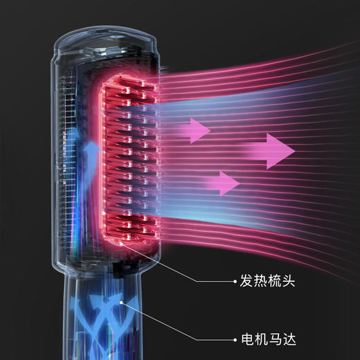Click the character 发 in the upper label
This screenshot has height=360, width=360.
[x=246, y=281]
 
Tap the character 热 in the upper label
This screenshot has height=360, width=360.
[x=260, y=281]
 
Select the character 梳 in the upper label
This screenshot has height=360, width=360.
[x=275, y=281]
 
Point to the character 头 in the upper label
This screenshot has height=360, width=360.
[x=289, y=281]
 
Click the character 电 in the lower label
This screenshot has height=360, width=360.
[x=248, y=339]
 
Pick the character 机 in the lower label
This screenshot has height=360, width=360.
[x=262, y=339]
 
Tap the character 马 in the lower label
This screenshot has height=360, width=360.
[x=276, y=339]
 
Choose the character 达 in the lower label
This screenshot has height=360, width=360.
[x=289, y=339]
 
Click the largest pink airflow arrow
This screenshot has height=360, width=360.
[x=269, y=151]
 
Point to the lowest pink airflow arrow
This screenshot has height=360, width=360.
[x=222, y=183]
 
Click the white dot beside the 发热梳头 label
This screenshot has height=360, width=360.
[x=235, y=281]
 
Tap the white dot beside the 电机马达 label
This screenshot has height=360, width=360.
[x=235, y=340]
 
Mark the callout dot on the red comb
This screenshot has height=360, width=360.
[x=121, y=243]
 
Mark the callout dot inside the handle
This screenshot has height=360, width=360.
[x=121, y=303]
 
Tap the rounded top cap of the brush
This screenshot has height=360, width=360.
[x=105, y=40]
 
